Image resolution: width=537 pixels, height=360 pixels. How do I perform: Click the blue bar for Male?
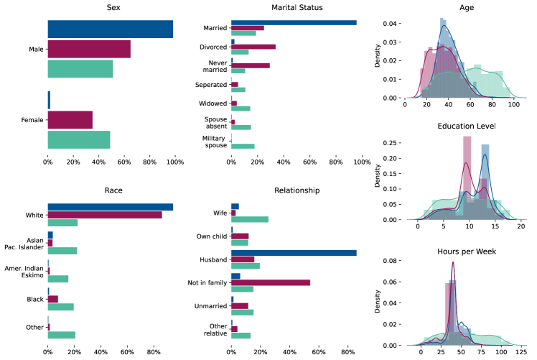click(x=110, y=29)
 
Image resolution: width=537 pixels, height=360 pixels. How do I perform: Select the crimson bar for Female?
click(x=70, y=119)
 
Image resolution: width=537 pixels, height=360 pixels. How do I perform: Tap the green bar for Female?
click(x=79, y=139)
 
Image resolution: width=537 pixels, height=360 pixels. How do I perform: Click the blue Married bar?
click(x=294, y=22)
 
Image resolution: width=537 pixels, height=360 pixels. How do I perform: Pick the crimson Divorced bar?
click(x=253, y=47)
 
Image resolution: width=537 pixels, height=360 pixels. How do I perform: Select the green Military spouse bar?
click(x=243, y=146)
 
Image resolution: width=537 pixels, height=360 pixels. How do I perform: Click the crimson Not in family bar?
click(x=271, y=282)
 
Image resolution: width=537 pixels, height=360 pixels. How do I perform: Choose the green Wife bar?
click(x=250, y=219)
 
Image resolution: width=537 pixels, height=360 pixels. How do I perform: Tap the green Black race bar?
click(x=60, y=307)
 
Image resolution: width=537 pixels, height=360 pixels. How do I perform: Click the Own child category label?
click(x=211, y=236)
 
